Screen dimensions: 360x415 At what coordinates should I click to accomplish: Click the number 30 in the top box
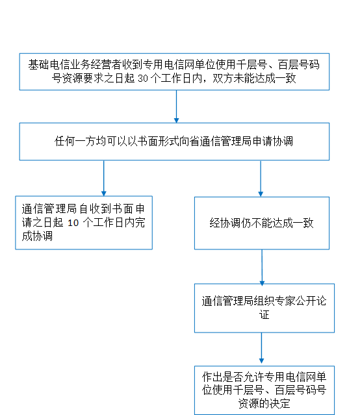pos(143,79)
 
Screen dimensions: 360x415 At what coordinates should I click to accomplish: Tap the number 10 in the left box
pos(73,223)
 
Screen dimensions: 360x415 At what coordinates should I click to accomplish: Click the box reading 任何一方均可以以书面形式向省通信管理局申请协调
pos(174,142)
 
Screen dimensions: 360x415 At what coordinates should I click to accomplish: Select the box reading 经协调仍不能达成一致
pos(262,223)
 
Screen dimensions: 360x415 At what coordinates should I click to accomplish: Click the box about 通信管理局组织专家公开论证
pos(264,308)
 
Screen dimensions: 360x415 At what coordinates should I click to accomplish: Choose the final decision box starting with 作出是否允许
pos(264,390)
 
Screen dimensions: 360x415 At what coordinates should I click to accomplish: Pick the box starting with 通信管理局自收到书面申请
pos(84,223)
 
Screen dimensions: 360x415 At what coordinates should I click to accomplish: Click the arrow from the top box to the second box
pos(176,107)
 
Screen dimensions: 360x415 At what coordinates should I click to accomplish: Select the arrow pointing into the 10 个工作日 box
pos(104,178)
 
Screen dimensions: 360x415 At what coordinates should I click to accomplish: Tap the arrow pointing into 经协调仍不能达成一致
pos(261,179)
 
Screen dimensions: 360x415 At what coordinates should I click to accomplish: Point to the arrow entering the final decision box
pos(261,347)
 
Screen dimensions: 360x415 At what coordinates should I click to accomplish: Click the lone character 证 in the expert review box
pos(264,315)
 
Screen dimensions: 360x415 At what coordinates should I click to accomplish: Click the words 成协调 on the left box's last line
pos(37,236)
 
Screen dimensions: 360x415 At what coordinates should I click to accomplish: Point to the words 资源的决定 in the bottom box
pos(264,403)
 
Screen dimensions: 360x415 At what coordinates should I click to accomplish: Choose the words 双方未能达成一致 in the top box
pos(254,79)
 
